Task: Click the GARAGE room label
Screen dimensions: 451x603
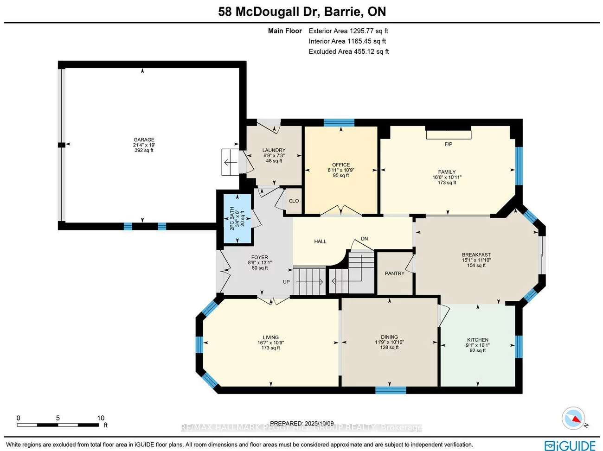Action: (x=144, y=140)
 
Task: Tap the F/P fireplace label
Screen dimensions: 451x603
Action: (x=448, y=144)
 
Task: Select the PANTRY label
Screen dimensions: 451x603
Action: (x=394, y=273)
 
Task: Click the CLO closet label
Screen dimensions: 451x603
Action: (x=294, y=201)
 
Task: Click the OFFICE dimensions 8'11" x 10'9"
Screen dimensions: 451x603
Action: (x=341, y=170)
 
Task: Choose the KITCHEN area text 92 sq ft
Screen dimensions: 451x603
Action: (x=477, y=350)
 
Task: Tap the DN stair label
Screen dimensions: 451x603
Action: (x=365, y=239)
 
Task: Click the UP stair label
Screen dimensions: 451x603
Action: (x=286, y=282)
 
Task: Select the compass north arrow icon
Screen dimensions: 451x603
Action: (x=574, y=419)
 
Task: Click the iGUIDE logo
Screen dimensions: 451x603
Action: (x=570, y=445)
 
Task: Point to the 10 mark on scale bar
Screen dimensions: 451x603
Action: (x=101, y=418)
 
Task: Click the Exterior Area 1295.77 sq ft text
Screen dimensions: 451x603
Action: (x=348, y=31)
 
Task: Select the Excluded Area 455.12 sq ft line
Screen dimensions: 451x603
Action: (x=348, y=51)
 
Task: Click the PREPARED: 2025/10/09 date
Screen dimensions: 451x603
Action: (x=301, y=423)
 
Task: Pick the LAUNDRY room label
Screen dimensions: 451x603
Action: (x=274, y=150)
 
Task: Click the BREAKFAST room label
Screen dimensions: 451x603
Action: (x=476, y=255)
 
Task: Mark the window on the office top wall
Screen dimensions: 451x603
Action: (x=339, y=122)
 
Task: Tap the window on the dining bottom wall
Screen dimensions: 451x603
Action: (x=390, y=390)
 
